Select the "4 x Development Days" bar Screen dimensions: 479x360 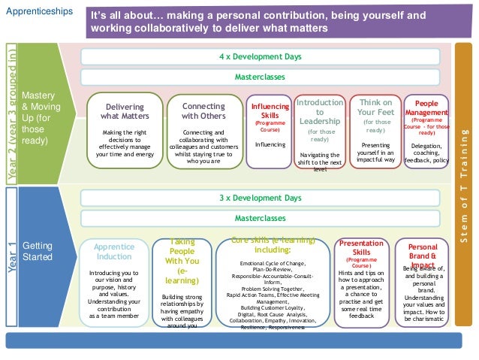[x=260, y=56]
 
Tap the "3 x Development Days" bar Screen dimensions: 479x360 [x=260, y=198]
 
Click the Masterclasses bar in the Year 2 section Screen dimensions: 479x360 [x=260, y=77]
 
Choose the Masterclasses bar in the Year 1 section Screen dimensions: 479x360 [x=260, y=218]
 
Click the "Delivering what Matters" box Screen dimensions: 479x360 [x=125, y=132]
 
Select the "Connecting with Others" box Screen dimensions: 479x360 [x=203, y=132]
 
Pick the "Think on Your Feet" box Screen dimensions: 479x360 [x=375, y=132]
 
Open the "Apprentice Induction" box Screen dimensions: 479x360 [x=113, y=282]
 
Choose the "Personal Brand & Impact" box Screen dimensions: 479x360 [x=423, y=282]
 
